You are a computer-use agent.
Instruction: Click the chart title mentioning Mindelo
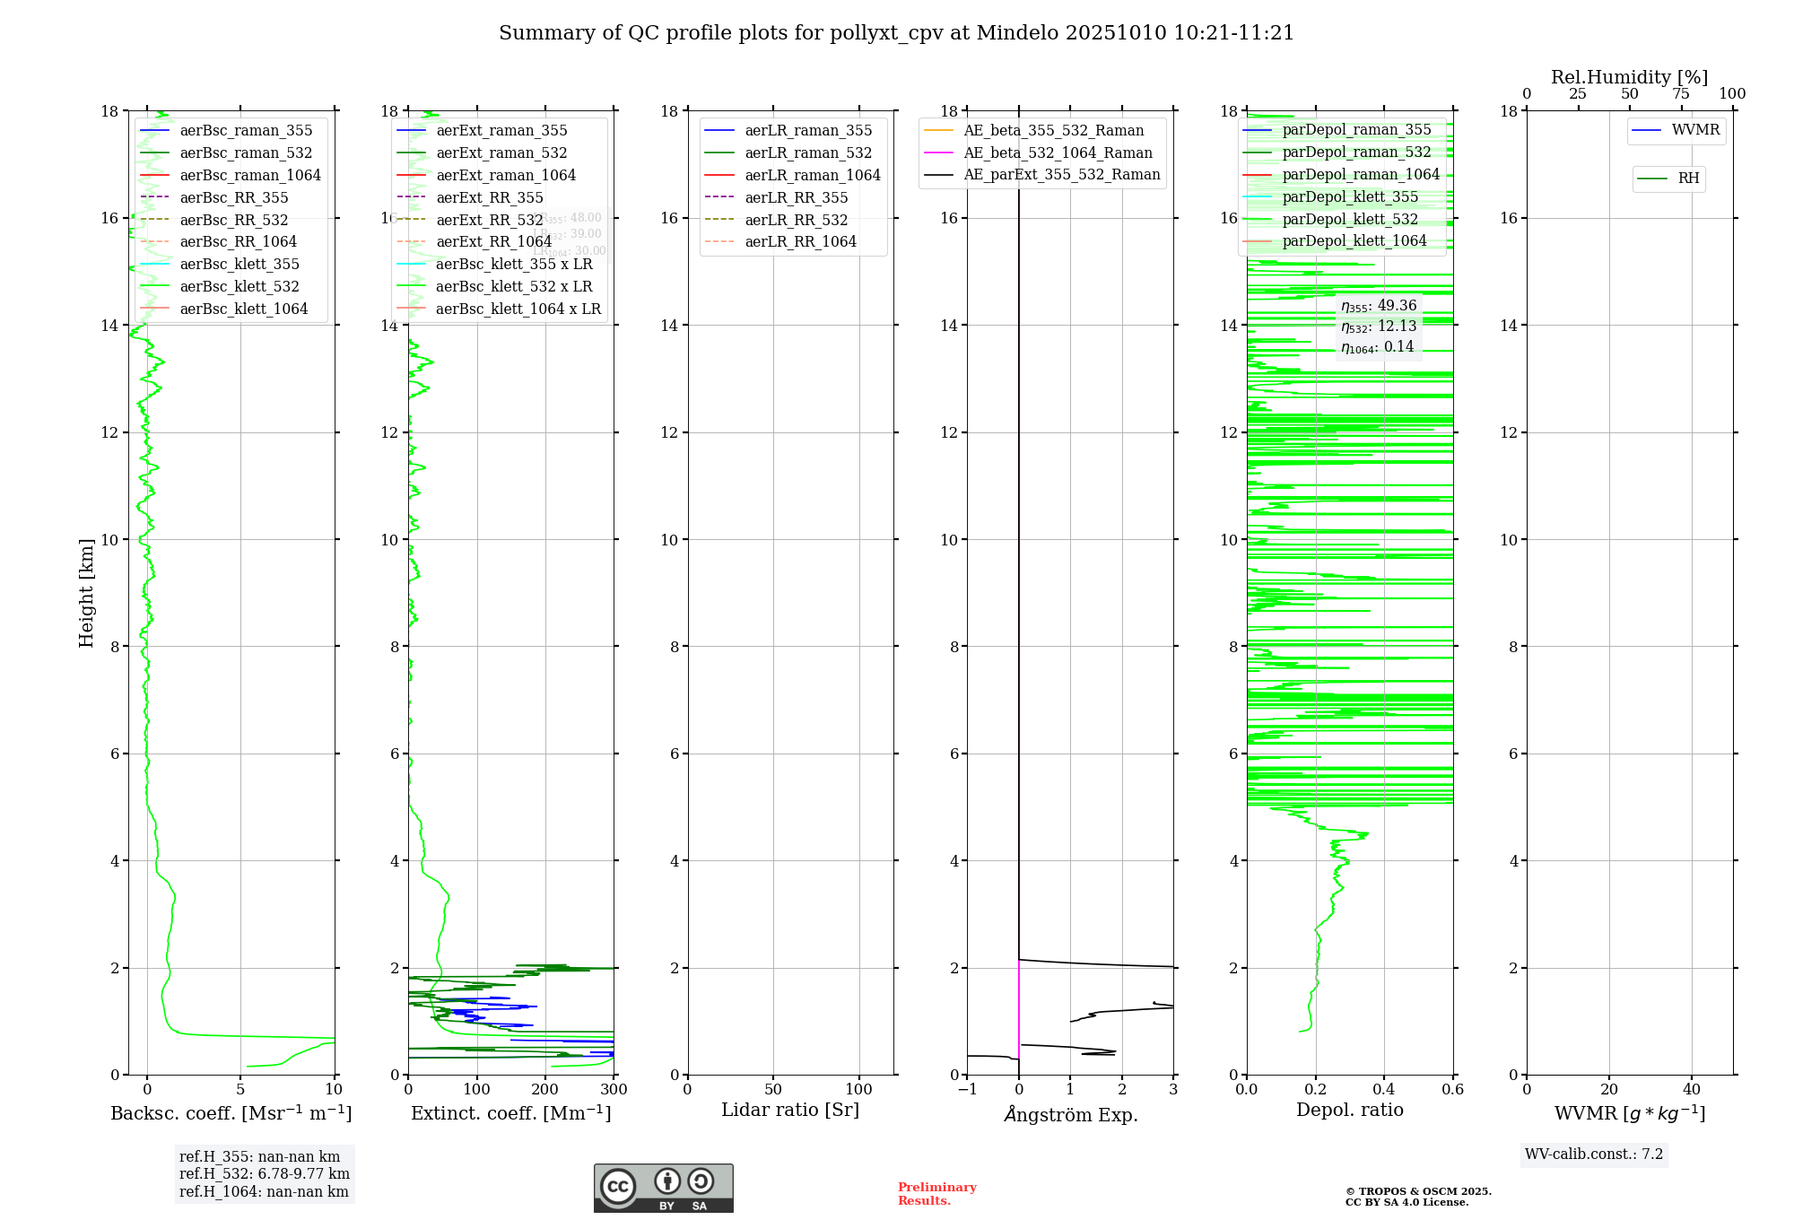896,33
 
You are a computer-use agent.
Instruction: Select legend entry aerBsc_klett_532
239,287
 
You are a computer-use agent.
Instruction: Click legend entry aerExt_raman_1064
506,176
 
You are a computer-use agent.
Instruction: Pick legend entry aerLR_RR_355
796,198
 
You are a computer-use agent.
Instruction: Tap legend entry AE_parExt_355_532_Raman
1061,175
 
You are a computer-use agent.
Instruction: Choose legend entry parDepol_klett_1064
1354,241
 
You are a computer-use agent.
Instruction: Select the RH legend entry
1688,179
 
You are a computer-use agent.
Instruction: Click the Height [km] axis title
86,593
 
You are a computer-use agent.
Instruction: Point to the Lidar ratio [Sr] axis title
790,1111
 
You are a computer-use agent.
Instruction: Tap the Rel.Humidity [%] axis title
1629,77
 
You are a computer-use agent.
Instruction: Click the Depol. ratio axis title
1349,1111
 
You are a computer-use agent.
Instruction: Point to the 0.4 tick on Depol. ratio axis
1384,1090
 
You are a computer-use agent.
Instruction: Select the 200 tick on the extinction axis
545,1090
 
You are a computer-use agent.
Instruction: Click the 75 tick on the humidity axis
1681,94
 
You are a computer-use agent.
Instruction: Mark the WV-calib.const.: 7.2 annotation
1594,1155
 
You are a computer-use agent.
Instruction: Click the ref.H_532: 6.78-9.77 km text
264,1174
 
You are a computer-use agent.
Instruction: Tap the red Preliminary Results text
936,1194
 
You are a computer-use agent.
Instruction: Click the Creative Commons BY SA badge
663,1189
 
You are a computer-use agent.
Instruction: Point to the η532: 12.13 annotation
1379,327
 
